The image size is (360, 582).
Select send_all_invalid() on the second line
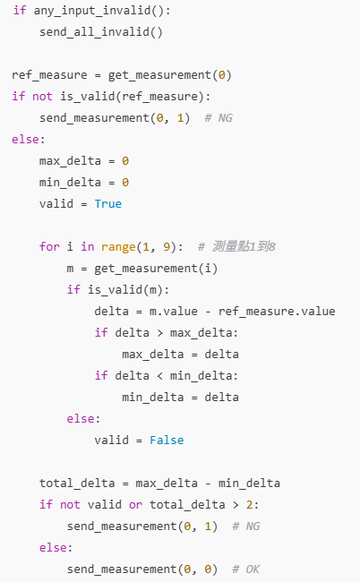click(101, 32)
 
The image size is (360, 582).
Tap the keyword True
click(108, 204)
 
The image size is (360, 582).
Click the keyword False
click(167, 441)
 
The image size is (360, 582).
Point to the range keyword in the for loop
click(118, 247)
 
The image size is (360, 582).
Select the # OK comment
click(245, 569)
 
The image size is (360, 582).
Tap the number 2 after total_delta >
click(249, 505)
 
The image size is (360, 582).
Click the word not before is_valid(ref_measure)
click(42, 97)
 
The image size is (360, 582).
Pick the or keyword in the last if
click(135, 505)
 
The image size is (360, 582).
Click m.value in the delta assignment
click(174, 311)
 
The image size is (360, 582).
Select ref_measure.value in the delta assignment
click(277, 311)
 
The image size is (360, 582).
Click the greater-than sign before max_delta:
click(159, 333)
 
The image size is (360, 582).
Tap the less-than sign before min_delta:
click(159, 376)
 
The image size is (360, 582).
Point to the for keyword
click(49, 246)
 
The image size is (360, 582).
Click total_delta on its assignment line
click(77, 484)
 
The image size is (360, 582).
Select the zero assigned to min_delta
click(125, 183)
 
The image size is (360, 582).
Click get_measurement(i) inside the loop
click(156, 268)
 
